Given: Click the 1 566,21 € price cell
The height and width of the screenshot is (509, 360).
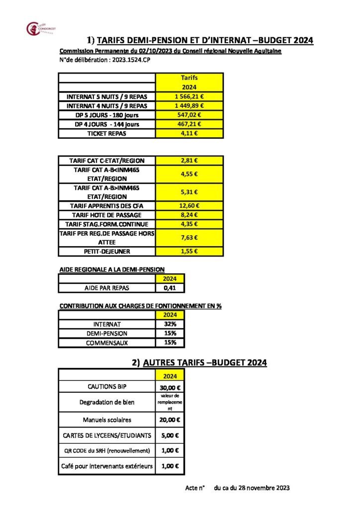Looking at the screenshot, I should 189,96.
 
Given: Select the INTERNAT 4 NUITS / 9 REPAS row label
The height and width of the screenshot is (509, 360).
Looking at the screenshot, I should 107,106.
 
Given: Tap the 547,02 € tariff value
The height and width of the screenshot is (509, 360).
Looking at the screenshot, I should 189,115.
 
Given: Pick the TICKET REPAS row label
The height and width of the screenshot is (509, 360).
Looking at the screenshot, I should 107,133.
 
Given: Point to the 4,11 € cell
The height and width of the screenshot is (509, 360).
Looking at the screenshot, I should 189,133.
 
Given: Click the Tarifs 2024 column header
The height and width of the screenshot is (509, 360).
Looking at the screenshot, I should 189,82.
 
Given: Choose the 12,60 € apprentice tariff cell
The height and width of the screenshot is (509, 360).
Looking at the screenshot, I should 189,206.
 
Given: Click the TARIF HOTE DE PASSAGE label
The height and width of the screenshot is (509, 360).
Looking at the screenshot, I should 107,215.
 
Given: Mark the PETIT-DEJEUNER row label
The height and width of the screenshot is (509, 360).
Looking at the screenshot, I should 107,252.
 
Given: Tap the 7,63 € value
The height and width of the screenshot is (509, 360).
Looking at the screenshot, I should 189,238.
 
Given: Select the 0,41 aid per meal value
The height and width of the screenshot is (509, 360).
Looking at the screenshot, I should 170,288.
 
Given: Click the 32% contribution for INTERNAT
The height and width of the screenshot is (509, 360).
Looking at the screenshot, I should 170,324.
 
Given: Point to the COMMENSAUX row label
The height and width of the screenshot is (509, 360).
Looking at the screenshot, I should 107,342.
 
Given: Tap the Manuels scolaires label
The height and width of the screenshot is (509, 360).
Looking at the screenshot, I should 107,420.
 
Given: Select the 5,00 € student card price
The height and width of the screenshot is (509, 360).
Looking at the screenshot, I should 170,435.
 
